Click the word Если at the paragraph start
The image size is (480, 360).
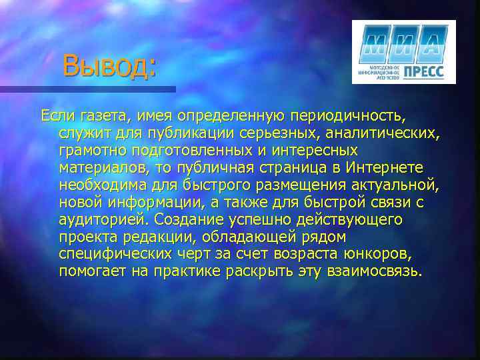[57, 116]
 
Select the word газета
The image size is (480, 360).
[101, 116]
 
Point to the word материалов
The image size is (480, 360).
[99, 168]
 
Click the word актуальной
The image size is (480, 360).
[392, 185]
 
